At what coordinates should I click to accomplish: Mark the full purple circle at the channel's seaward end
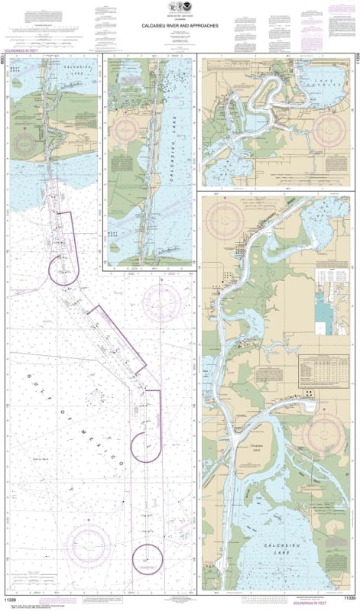click(x=144, y=558)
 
